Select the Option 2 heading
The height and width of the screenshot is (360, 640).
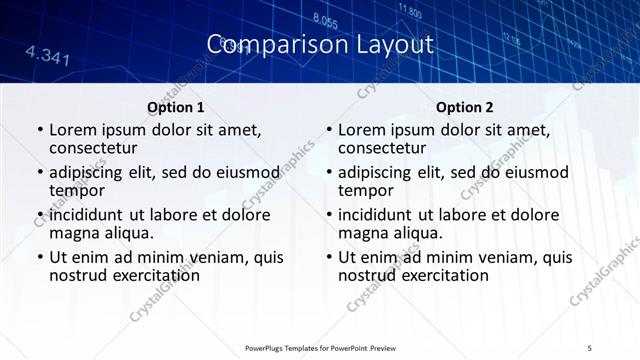(465, 108)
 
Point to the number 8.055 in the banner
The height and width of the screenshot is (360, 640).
(325, 19)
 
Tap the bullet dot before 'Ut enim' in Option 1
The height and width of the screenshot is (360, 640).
(39, 257)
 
